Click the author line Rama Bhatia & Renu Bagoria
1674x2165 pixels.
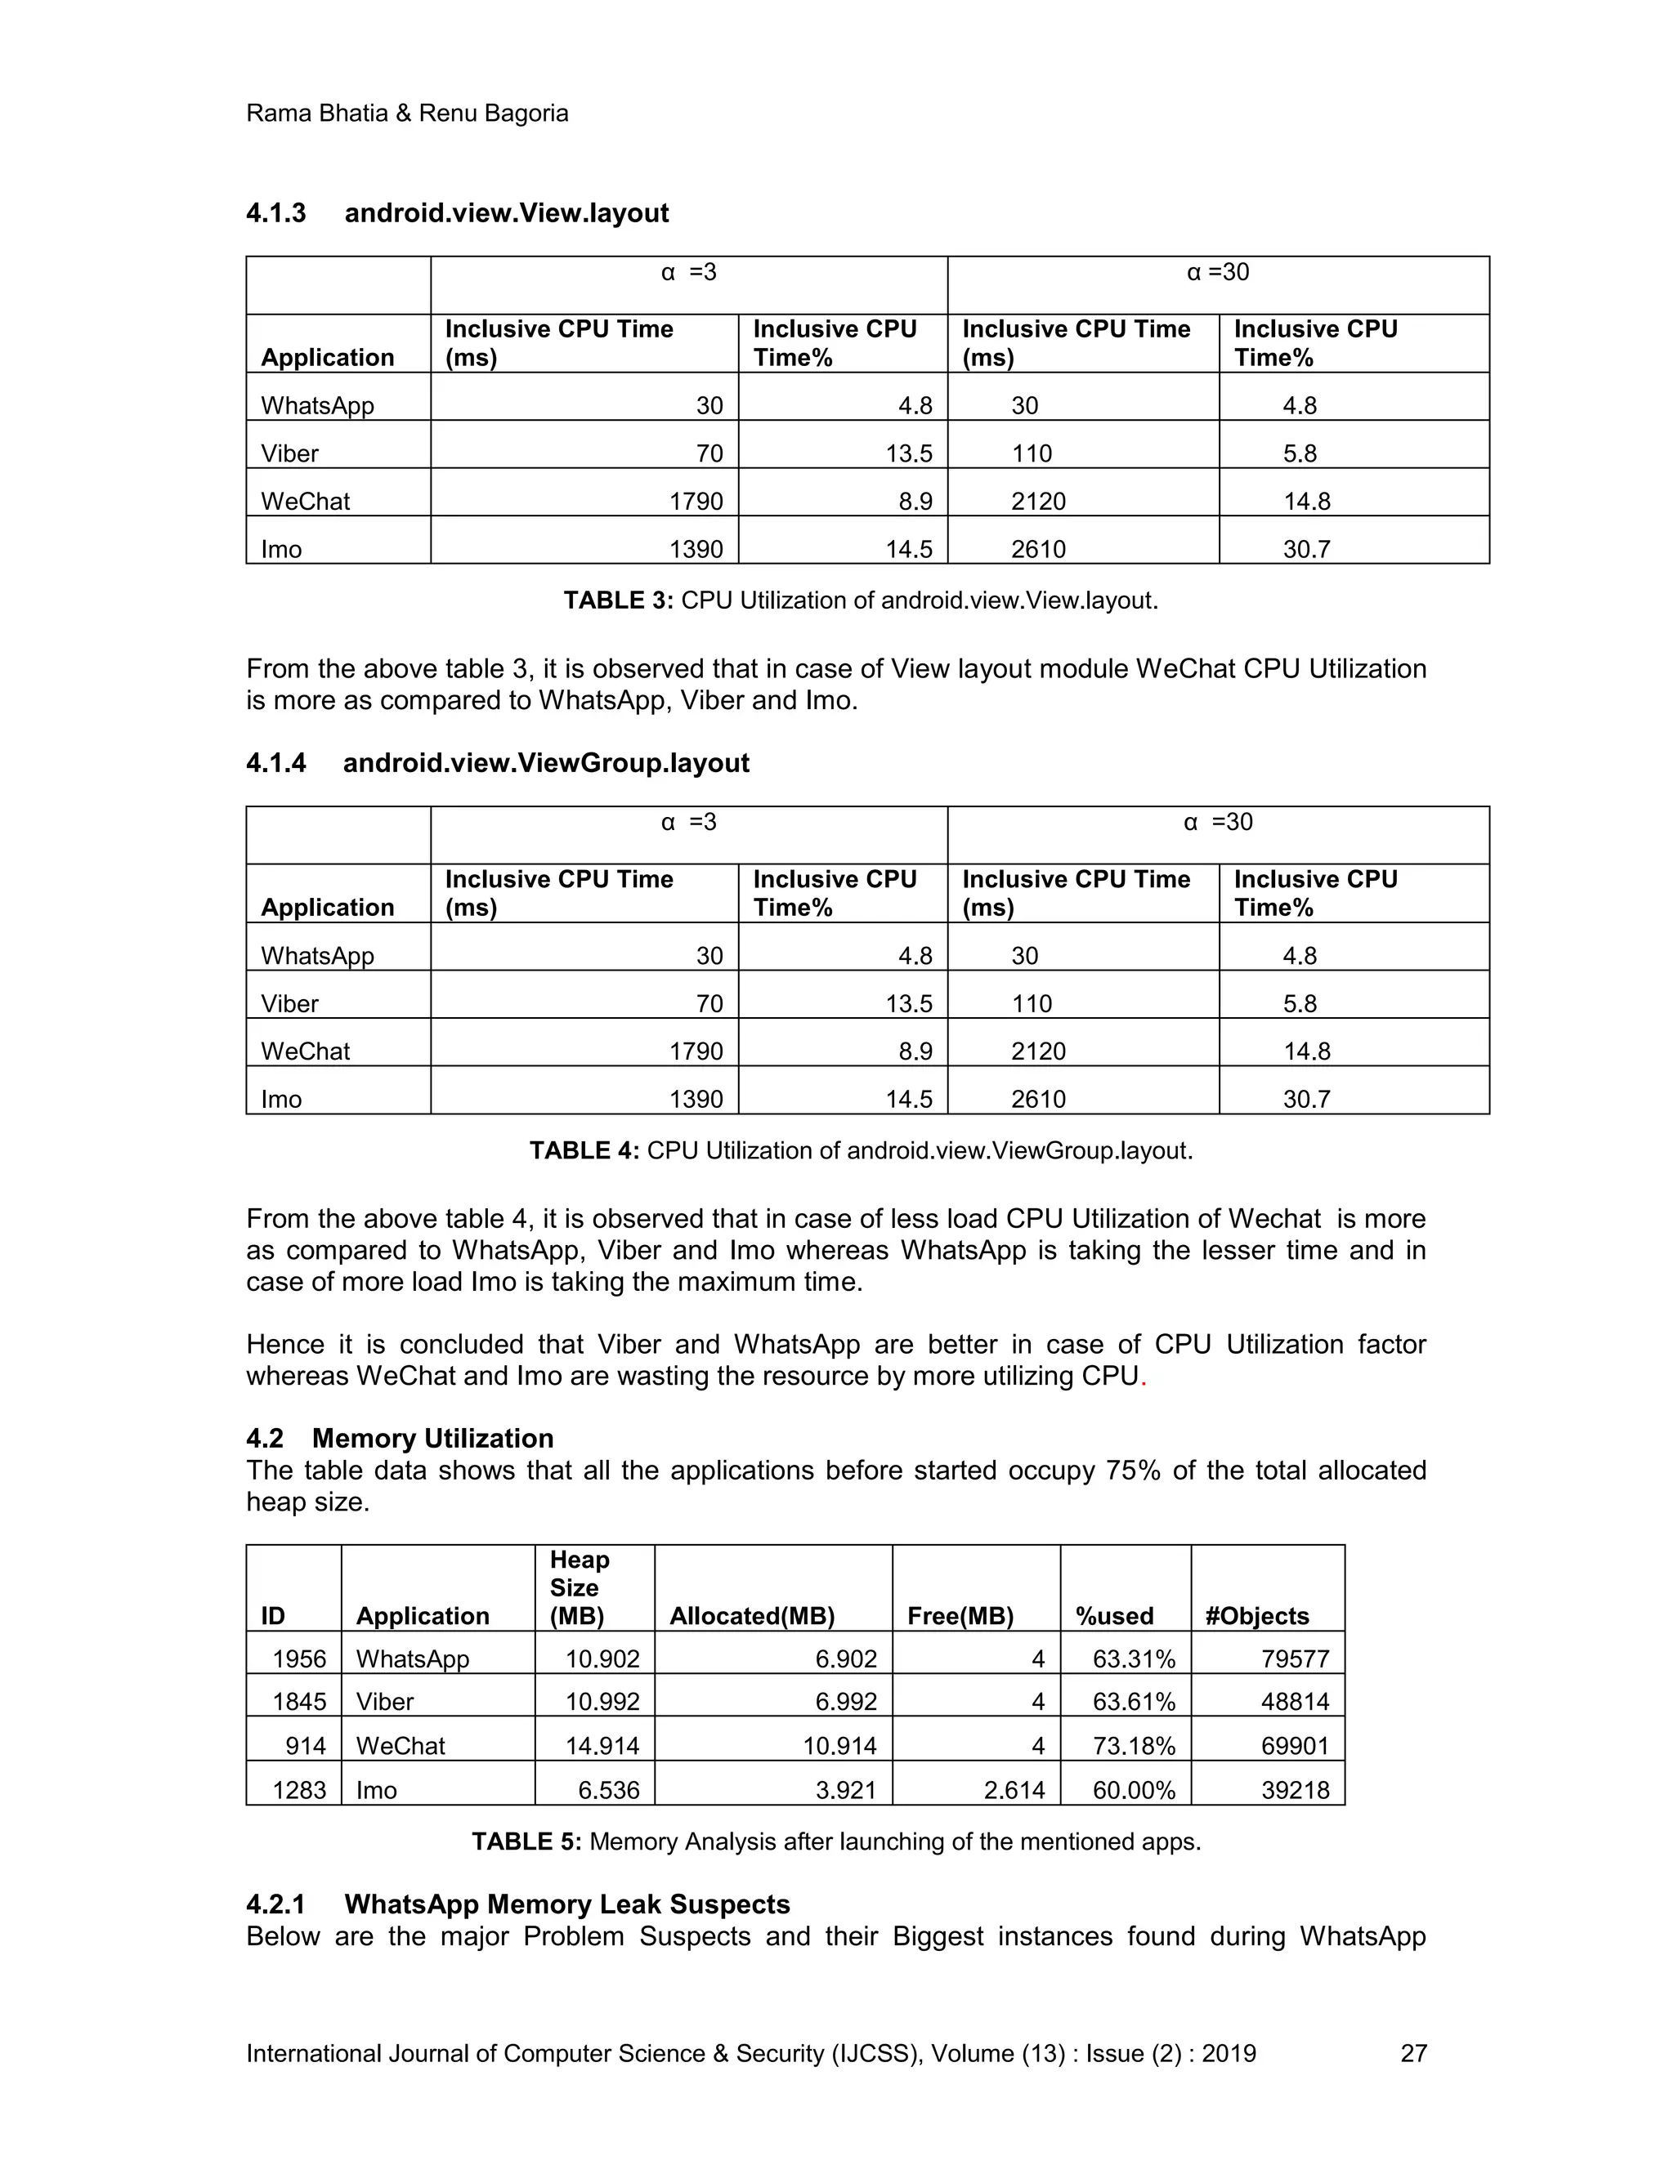pos(406,113)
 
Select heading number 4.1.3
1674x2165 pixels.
pos(275,213)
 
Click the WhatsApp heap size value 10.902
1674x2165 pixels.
pos(602,1658)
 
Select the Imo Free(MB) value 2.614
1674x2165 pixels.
pos(1014,1789)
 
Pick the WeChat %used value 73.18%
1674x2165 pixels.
pos(1134,1746)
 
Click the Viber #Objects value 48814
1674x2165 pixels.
pos(1294,1701)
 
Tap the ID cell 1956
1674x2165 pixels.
pos(298,1658)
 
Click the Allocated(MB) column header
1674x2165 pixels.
pos(752,1616)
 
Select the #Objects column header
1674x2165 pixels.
pos(1256,1616)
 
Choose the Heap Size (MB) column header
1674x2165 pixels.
pos(580,1587)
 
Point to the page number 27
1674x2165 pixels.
pos(1412,2053)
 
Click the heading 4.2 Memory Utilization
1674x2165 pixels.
pos(432,1439)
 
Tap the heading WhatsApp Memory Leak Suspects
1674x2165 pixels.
pos(566,1904)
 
